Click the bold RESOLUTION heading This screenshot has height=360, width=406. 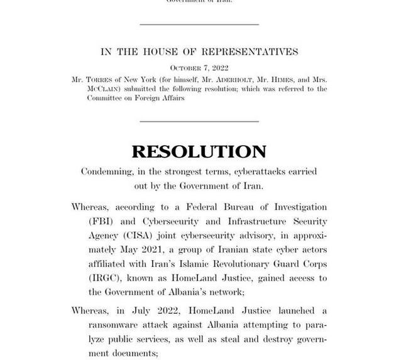point(199,151)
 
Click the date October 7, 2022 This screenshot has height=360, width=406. point(199,68)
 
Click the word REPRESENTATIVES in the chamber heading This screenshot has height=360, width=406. point(250,52)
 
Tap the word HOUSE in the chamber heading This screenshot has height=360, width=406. point(156,52)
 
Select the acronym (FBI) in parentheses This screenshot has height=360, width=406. point(99,221)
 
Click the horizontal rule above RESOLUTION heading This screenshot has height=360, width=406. point(199,121)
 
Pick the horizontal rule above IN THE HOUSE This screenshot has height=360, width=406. point(199,25)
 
